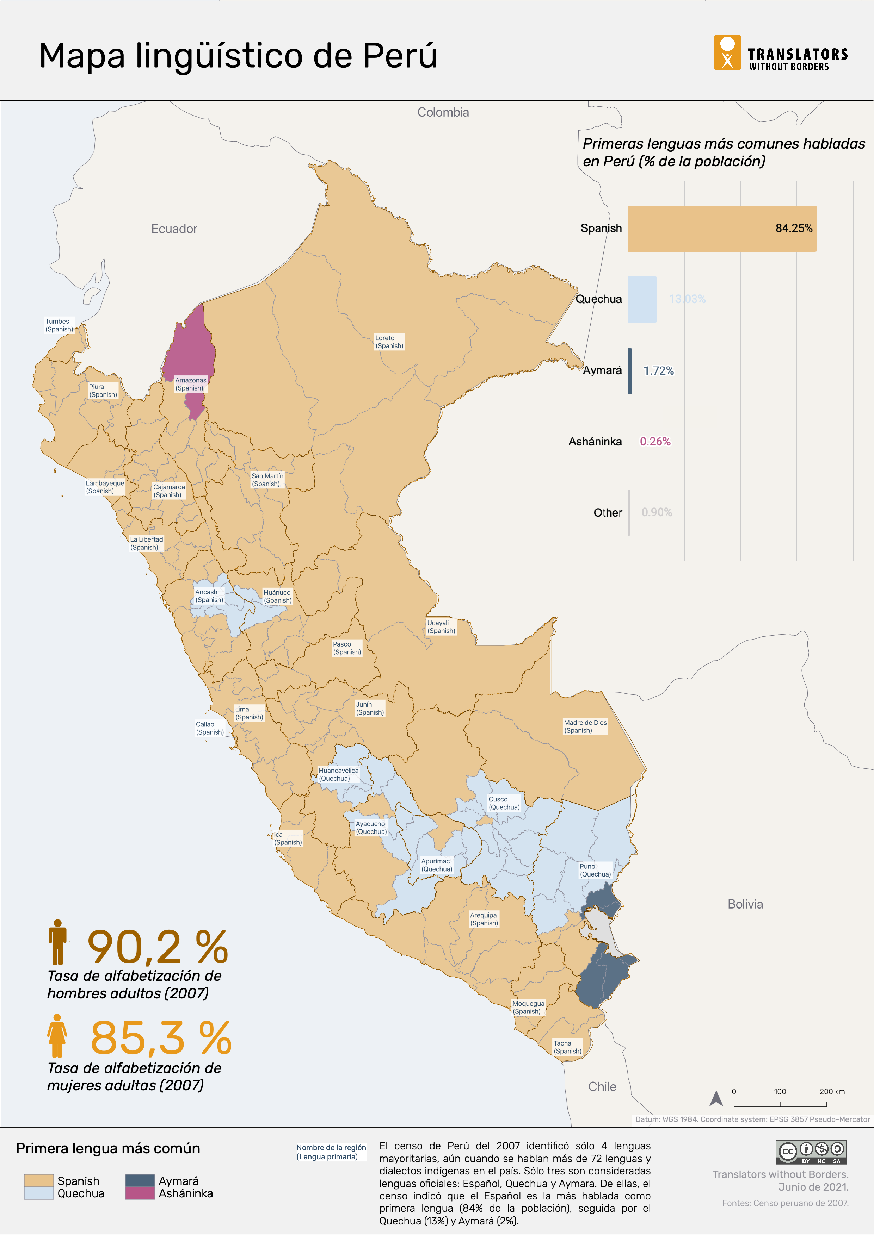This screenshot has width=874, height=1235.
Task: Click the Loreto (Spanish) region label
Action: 389,342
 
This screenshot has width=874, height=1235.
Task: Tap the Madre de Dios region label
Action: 585,726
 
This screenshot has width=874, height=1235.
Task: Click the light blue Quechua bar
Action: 642,300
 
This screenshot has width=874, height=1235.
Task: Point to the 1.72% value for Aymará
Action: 658,370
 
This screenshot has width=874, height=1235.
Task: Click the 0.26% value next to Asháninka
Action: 655,442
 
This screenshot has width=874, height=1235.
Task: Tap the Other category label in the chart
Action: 608,513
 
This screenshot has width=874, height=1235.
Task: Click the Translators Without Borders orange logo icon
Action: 727,53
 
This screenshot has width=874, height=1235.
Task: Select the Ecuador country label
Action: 174,229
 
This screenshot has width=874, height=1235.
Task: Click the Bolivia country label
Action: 745,904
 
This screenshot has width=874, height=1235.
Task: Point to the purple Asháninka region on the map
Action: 190,350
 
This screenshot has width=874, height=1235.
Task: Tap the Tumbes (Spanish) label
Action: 59,325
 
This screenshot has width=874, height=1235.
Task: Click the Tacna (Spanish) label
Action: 567,1047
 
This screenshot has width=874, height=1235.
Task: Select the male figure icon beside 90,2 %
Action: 57,942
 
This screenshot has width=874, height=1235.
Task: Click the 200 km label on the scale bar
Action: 832,1091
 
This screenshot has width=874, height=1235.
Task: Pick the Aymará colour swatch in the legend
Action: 140,1181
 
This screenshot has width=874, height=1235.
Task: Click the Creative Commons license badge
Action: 811,1152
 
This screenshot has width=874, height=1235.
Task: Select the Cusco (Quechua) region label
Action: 504,803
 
